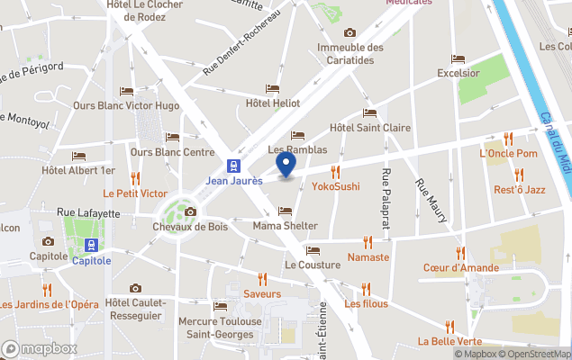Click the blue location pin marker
(x=286, y=165)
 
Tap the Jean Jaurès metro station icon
(x=233, y=166)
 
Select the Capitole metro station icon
(x=91, y=245)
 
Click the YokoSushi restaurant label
(x=335, y=186)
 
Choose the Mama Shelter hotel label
(x=286, y=226)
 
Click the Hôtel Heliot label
(x=272, y=104)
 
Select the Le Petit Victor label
(x=135, y=193)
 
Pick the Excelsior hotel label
(x=458, y=73)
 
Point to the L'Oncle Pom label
(x=508, y=154)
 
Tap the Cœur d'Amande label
(x=459, y=267)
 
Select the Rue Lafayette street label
(x=88, y=213)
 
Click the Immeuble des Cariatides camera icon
(x=350, y=33)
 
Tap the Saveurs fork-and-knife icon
(x=262, y=279)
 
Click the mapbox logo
(x=39, y=348)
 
